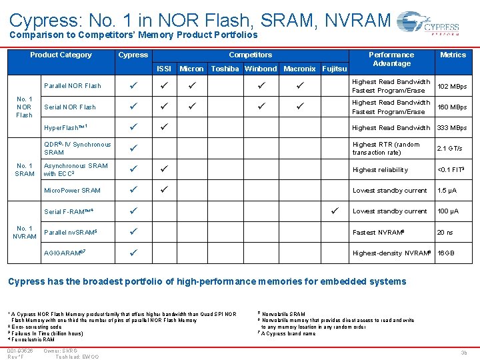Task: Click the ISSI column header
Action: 163,69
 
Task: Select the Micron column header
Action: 192,69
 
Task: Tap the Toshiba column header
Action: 225,69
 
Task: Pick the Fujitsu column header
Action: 334,69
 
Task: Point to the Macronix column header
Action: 299,69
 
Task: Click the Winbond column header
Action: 261,69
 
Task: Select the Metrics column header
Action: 453,55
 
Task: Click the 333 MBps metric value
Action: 451,127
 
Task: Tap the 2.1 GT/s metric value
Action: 447,148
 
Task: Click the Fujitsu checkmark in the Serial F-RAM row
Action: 335,211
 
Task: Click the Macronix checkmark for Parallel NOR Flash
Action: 299,86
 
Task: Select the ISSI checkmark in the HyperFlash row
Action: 163,127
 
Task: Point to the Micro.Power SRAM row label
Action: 72,191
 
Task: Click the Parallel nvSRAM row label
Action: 70,232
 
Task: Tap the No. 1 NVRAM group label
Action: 25,233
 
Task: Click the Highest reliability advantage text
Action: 379,169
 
